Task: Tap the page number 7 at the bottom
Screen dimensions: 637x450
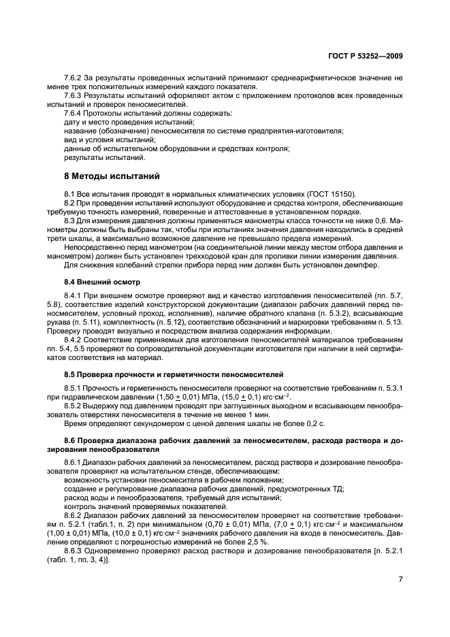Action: [x=400, y=580]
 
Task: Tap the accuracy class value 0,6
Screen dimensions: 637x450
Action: [x=391, y=220]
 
